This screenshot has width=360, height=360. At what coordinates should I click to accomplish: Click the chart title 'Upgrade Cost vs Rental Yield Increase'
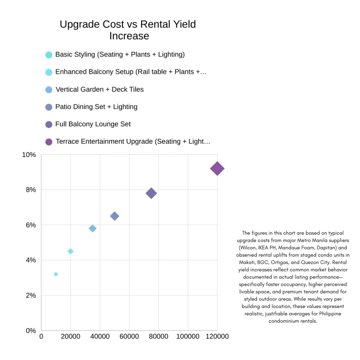pyautogui.click(x=128, y=30)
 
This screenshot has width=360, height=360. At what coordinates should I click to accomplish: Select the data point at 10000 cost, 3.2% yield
pyautogui.click(x=56, y=274)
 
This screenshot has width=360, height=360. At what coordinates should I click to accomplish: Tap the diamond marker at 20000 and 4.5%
pyautogui.click(x=71, y=251)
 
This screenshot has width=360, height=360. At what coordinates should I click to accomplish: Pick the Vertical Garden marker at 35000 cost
pyautogui.click(x=92, y=229)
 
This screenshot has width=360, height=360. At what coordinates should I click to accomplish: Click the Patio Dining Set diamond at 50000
pyautogui.click(x=115, y=216)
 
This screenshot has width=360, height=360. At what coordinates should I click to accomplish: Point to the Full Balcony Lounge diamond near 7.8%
pyautogui.click(x=151, y=193)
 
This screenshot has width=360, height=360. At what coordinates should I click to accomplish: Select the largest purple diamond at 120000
pyautogui.click(x=217, y=169)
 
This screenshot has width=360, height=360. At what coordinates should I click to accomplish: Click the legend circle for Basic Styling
pyautogui.click(x=49, y=55)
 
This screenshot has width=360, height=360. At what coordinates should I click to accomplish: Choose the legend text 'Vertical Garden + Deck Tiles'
pyautogui.click(x=99, y=89)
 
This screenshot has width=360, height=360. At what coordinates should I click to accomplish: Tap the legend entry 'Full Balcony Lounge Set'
pyautogui.click(x=93, y=124)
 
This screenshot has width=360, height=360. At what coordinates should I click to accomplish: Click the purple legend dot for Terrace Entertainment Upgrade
pyautogui.click(x=49, y=142)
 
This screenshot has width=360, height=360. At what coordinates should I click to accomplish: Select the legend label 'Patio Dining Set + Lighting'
pyautogui.click(x=96, y=107)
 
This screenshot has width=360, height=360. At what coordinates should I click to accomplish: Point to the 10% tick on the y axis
pyautogui.click(x=29, y=155)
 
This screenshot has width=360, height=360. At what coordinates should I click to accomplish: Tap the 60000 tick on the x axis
pyautogui.click(x=129, y=336)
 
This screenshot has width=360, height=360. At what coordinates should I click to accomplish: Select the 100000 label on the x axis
pyautogui.click(x=187, y=336)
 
